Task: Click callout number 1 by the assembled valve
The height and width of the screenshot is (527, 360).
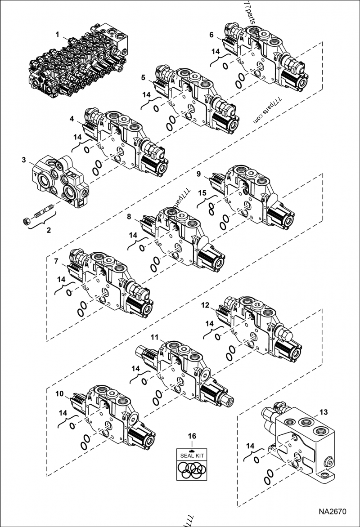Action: tap(57, 34)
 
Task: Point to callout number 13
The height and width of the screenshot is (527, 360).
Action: tap(324, 412)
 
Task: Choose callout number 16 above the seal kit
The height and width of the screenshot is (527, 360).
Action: tap(192, 436)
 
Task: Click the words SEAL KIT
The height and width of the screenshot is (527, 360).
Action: tap(192, 456)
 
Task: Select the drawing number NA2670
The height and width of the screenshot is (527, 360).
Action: tap(333, 512)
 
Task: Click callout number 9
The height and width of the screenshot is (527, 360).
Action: tap(199, 173)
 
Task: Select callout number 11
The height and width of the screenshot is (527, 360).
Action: tap(154, 337)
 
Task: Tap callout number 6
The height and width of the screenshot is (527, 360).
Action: tap(211, 34)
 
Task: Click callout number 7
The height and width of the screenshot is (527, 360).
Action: tap(56, 261)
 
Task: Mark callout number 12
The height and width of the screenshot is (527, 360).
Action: tap(205, 305)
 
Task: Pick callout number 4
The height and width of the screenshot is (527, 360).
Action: tap(72, 119)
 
